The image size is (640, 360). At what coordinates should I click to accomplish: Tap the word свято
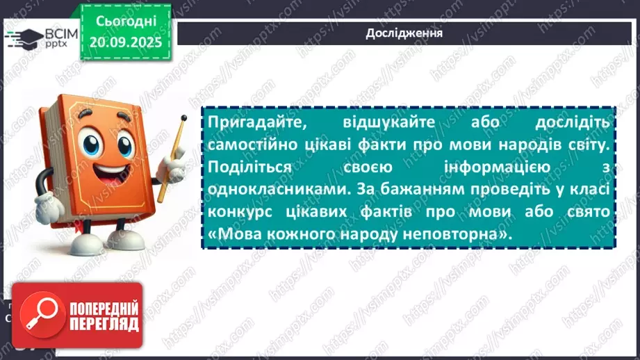[x=587, y=213]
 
